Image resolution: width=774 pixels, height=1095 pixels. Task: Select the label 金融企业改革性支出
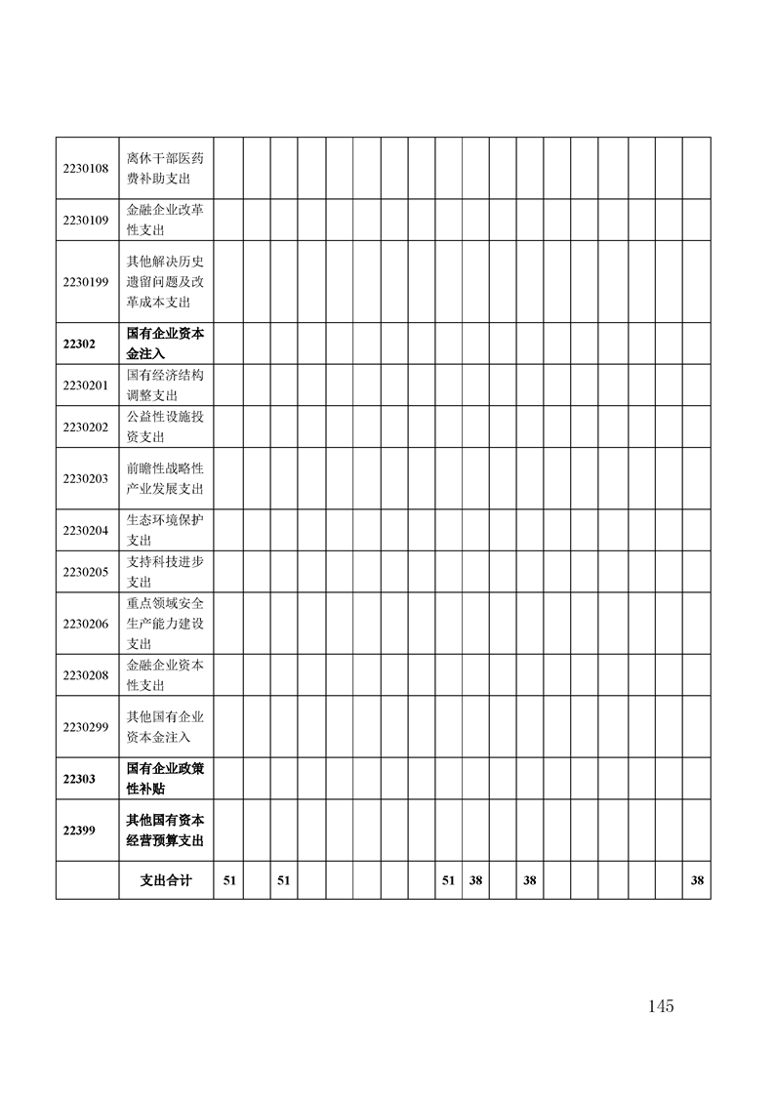165,220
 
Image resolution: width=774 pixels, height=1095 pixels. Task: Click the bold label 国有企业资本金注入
165,344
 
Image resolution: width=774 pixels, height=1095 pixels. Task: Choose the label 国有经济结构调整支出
165,385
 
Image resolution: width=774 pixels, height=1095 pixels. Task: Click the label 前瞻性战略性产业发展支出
165,478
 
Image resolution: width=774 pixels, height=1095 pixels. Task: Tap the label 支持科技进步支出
165,571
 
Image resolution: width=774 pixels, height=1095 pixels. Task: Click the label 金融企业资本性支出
165,674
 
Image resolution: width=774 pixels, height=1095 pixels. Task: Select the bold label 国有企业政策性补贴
165,778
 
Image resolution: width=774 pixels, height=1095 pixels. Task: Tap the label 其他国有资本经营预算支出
165,830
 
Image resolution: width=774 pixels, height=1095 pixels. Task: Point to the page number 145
660,1006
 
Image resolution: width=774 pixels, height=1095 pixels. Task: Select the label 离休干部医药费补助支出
165,168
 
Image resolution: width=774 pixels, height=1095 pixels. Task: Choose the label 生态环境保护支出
165,530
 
